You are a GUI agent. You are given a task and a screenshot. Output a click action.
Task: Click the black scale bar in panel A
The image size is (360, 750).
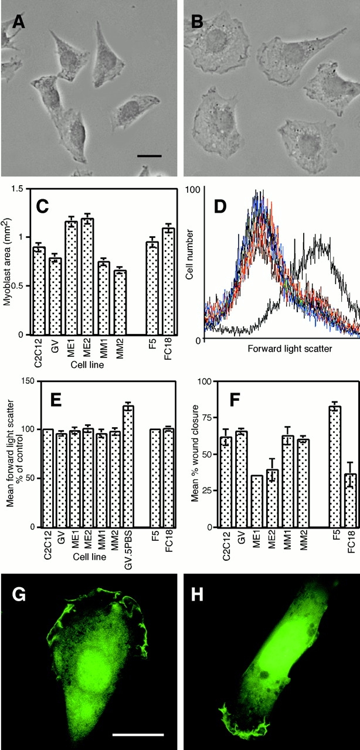(x=147, y=156)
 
